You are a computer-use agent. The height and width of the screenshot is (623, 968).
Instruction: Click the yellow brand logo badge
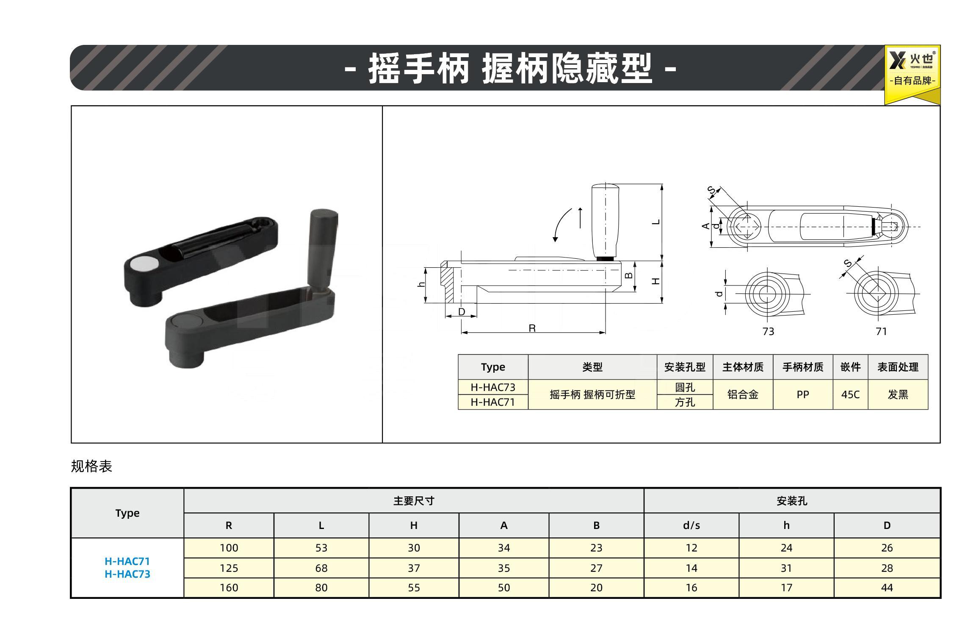[x=912, y=74]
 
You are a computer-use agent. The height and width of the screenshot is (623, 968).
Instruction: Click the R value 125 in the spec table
[x=229, y=568]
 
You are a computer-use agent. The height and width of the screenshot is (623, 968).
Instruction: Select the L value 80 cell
[x=321, y=588]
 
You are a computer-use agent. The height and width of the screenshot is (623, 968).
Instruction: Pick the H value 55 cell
[x=414, y=588]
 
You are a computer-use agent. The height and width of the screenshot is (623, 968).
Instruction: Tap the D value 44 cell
[x=887, y=588]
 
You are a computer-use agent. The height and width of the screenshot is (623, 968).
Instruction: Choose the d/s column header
[x=691, y=526]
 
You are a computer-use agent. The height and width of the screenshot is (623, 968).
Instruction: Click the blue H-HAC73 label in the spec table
[x=127, y=574]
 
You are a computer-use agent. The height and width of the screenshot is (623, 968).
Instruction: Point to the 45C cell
[x=850, y=395]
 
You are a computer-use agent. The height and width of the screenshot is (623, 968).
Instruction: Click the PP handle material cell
[x=803, y=395]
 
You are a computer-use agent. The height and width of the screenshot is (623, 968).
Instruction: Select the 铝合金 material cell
[x=743, y=395]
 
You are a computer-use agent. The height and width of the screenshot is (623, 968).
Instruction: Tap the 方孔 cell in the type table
[x=685, y=402]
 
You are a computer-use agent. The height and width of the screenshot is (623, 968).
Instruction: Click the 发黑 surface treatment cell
[x=898, y=395]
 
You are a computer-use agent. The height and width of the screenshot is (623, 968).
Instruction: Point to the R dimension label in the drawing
[x=532, y=328]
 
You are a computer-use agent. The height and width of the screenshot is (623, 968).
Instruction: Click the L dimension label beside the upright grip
[x=656, y=222]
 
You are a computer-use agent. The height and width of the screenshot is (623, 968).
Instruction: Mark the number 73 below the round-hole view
[x=768, y=332]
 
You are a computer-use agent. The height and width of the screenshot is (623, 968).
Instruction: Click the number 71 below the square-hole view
[x=881, y=332]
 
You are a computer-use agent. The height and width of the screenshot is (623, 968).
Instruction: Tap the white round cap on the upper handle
[x=143, y=264]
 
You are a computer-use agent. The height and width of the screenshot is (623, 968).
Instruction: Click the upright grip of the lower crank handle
[x=323, y=248]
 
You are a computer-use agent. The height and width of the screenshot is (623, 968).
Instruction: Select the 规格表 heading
[x=91, y=466]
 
